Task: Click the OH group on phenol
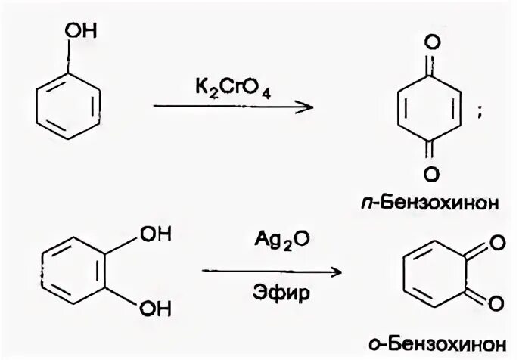78,31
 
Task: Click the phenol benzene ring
68,103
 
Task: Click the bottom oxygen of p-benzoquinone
429,175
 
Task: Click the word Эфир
270,293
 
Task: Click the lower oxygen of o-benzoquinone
496,303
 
